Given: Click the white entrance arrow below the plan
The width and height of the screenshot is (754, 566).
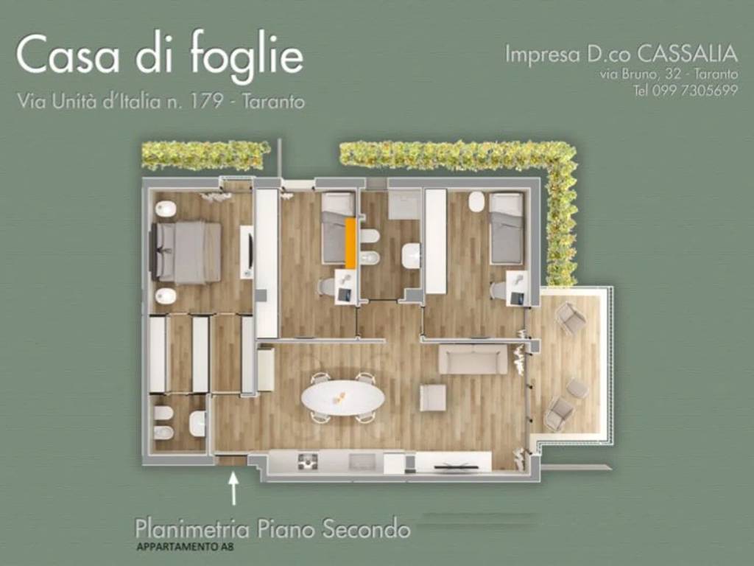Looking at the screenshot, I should pyautogui.click(x=234, y=488).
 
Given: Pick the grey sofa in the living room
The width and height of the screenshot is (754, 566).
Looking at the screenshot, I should pyautogui.click(x=473, y=359).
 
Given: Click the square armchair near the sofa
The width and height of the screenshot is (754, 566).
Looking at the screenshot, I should pyautogui.click(x=433, y=398).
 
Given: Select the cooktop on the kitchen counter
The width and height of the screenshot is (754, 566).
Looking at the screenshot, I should pyautogui.click(x=308, y=461).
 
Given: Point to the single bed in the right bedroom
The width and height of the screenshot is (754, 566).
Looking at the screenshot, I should pyautogui.click(x=507, y=228).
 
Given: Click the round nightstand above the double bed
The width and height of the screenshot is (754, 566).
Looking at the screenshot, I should pyautogui.click(x=166, y=209).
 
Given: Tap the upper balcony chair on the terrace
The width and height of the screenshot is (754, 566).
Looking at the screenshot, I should pyautogui.click(x=571, y=318).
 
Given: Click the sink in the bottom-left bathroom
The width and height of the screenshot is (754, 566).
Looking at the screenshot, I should pyautogui.click(x=197, y=423).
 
